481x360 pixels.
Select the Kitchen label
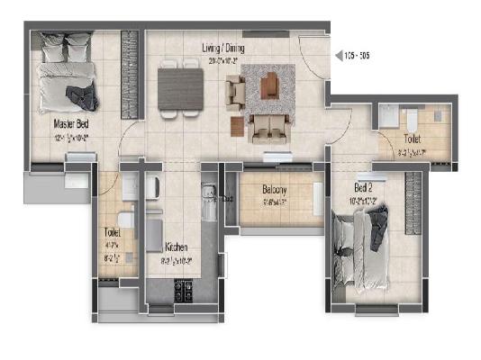[x=176, y=246]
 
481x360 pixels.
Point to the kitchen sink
[x=206, y=193]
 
